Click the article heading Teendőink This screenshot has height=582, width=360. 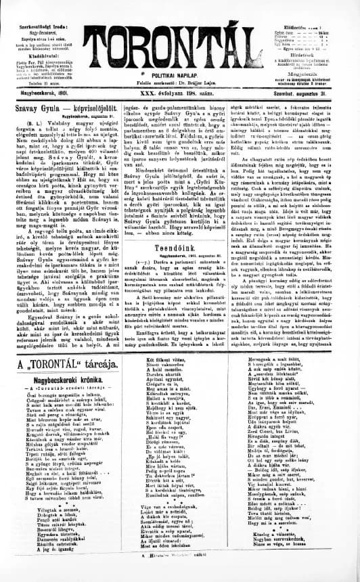pos(180,248)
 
